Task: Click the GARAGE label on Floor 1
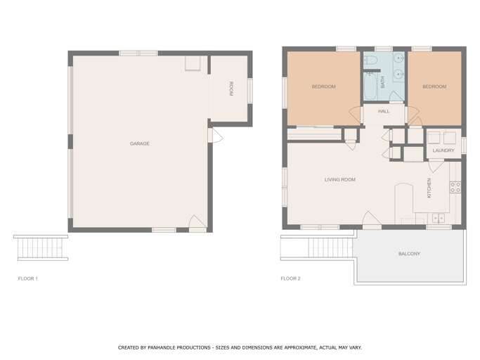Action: pyautogui.click(x=140, y=143)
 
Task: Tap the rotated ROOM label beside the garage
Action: pyautogui.click(x=231, y=89)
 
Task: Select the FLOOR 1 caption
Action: pyautogui.click(x=28, y=278)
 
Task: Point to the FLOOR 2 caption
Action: pyautogui.click(x=290, y=278)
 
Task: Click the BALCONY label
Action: pyautogui.click(x=409, y=254)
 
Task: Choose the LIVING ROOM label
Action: pyautogui.click(x=340, y=179)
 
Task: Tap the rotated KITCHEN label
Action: pyautogui.click(x=429, y=188)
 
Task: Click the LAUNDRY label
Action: pyautogui.click(x=443, y=150)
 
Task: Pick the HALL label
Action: pyautogui.click(x=384, y=111)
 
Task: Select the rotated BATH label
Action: pyautogui.click(x=382, y=82)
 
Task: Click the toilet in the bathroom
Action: pyautogui.click(x=370, y=59)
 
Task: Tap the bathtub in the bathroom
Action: pyautogui.click(x=370, y=86)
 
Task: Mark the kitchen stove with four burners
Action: pyautogui.click(x=455, y=187)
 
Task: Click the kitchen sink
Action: pyautogui.click(x=439, y=218)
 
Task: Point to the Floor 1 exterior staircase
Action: pyautogui.click(x=41, y=248)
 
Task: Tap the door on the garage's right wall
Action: pyautogui.click(x=216, y=136)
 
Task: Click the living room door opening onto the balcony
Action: pyautogui.click(x=372, y=220)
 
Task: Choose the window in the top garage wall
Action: pyautogui.click(x=138, y=53)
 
